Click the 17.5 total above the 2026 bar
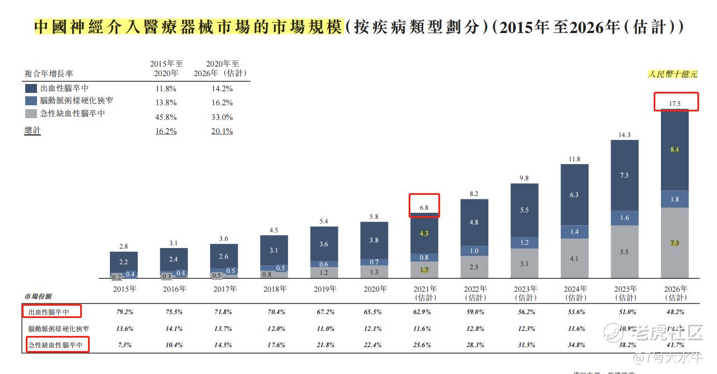tap(675, 104)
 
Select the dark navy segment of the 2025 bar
tap(625, 175)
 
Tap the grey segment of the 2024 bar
tap(575, 259)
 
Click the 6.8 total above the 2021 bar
tap(424, 208)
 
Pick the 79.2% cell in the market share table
tap(124, 312)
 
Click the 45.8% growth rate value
tap(166, 117)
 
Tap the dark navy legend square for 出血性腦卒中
tap(31, 88)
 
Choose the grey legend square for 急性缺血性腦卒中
tap(31, 114)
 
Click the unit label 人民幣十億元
tap(673, 74)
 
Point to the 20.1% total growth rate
tap(222, 131)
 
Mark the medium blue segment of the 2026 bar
tap(675, 199)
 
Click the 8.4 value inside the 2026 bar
tap(675, 149)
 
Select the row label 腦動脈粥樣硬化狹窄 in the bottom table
tap(59, 329)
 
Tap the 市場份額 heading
tap(38, 296)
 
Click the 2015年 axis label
tap(124, 289)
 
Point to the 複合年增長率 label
tap(49, 73)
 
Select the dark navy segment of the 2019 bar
tap(324, 244)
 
